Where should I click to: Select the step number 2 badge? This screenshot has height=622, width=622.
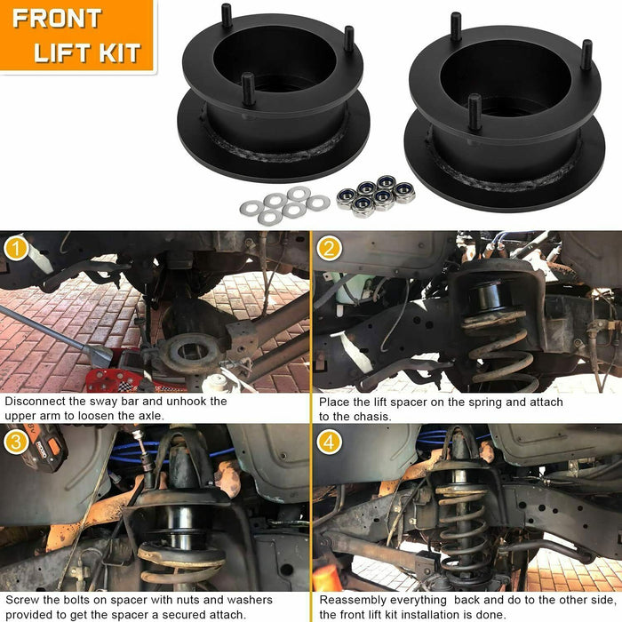pyautogui.click(x=329, y=249)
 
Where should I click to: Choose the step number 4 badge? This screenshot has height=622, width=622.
pyautogui.click(x=329, y=442)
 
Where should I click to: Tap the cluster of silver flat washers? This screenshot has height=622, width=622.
pyautogui.click(x=282, y=205)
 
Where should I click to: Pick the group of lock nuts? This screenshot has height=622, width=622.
pyautogui.click(x=375, y=195)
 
